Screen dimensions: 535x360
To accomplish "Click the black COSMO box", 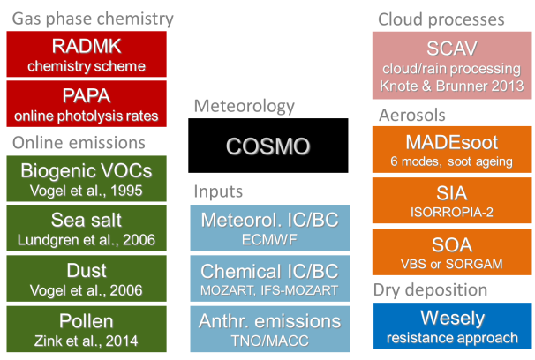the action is pos(268,146).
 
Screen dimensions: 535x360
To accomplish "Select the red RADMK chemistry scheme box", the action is pos(87,54).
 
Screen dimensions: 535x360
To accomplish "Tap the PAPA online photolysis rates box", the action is pos(87,104).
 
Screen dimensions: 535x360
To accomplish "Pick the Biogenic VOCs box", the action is pos(87,178).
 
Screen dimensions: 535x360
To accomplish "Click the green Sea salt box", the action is pos(87,228).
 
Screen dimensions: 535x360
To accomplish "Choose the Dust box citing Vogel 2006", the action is pos(87,279).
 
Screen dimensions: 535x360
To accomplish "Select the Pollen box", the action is pos(87,329).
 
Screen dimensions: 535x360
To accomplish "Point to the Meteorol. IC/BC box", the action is pos(270,228).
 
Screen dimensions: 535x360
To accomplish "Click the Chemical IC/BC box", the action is pos(270,279).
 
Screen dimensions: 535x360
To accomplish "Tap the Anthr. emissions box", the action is pos(270,329).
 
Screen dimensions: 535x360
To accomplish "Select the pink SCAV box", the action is pos(452,65).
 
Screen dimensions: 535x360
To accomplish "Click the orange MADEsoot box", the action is pos(452,150).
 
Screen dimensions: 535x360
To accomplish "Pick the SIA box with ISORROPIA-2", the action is pos(452,201).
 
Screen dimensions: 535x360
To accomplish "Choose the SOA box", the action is pos(452,252).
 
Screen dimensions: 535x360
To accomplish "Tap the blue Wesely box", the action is pos(453,326).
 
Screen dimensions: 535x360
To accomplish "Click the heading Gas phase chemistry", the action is pos(93,19).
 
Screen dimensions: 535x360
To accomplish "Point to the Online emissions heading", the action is pos(79,143).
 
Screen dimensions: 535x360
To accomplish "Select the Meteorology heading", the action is pos(245,106).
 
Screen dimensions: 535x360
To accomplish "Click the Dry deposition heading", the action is pos(430,290).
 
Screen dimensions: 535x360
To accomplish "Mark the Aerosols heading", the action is pos(412,116).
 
